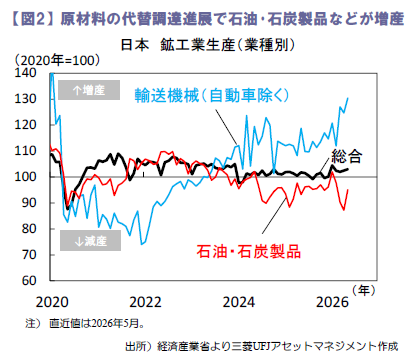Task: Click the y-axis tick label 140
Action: [x=25, y=73]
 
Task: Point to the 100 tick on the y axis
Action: [x=25, y=177]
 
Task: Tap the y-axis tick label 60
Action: [x=29, y=281]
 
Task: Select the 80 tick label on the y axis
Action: [x=29, y=229]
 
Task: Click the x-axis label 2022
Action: [x=145, y=302]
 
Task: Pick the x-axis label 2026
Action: [x=332, y=302]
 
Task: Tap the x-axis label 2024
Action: [x=238, y=302]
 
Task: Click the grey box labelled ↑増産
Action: [x=89, y=90]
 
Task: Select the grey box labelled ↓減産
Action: [x=90, y=240]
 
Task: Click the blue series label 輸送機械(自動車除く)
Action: [x=212, y=96]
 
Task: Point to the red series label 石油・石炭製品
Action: [x=249, y=251]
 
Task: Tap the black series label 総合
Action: [x=347, y=156]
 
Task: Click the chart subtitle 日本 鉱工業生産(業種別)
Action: [x=208, y=45]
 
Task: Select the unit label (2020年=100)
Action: [x=57, y=60]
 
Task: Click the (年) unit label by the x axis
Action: [x=364, y=291]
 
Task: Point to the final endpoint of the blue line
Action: [x=348, y=98]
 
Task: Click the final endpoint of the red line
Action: [x=348, y=189]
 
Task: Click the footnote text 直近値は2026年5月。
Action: [x=97, y=323]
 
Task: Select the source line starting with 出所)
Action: [x=262, y=346]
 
